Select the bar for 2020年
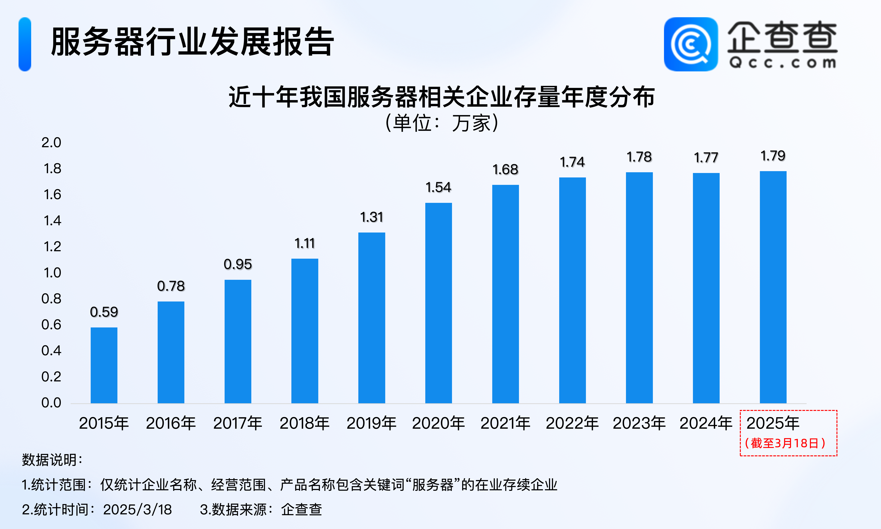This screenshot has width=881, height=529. [x=438, y=303]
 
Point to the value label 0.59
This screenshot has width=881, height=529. [x=104, y=312]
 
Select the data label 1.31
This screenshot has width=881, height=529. [x=372, y=217]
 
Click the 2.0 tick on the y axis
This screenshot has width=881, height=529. [x=51, y=143]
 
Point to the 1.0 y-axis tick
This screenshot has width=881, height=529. [x=52, y=273]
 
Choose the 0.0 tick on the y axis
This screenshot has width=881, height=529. [x=51, y=403]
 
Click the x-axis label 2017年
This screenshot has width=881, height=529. [x=237, y=423]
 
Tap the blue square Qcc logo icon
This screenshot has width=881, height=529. [x=691, y=44]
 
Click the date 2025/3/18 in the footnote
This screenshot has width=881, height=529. [x=137, y=509]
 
